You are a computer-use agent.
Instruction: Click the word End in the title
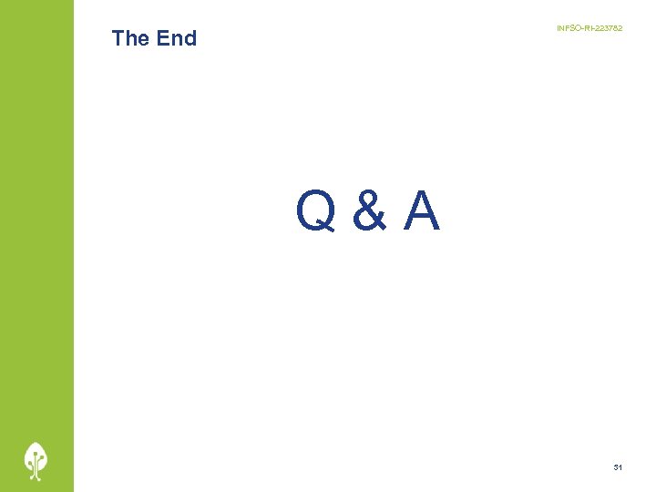pyautogui.click(x=176, y=38)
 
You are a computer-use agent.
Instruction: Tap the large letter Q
pyautogui.click(x=314, y=212)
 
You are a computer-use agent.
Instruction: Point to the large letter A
pyautogui.click(x=421, y=212)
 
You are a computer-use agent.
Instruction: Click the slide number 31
pyautogui.click(x=618, y=467)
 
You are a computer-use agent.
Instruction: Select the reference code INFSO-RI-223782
pyautogui.click(x=589, y=29)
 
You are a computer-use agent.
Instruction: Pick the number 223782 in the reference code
pyautogui.click(x=607, y=29)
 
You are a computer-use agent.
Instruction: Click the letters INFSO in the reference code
pyautogui.click(x=567, y=29)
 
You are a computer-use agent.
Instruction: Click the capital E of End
pyautogui.click(x=162, y=38)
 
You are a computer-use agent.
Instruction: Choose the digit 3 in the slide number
pyautogui.click(x=616, y=467)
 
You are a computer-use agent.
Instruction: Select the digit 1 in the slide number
pyautogui.click(x=620, y=467)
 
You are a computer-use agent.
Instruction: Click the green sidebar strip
pyautogui.click(x=36, y=228)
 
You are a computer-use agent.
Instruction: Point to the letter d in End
pyautogui.click(x=190, y=38)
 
